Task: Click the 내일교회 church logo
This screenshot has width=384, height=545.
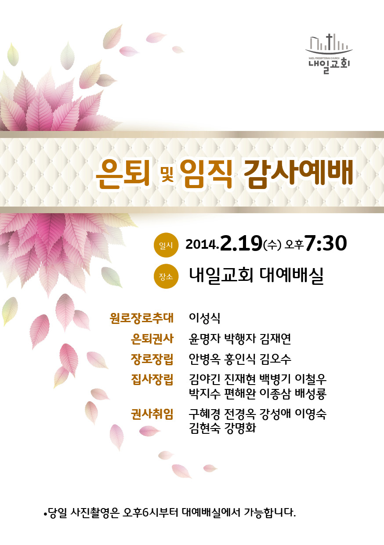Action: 329,54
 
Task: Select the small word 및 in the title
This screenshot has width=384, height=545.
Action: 167,173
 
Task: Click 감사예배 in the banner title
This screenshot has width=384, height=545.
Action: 298,172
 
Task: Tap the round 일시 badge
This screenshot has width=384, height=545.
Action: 166,245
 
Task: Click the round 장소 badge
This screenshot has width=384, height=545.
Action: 166,276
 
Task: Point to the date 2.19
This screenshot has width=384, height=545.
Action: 241,243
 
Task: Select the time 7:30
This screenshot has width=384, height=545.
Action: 326,243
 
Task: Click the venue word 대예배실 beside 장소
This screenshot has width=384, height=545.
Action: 292,276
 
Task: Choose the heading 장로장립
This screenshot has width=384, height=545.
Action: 152,359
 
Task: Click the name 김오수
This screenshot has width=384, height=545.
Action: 275,359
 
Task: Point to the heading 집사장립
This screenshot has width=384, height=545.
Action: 152,380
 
